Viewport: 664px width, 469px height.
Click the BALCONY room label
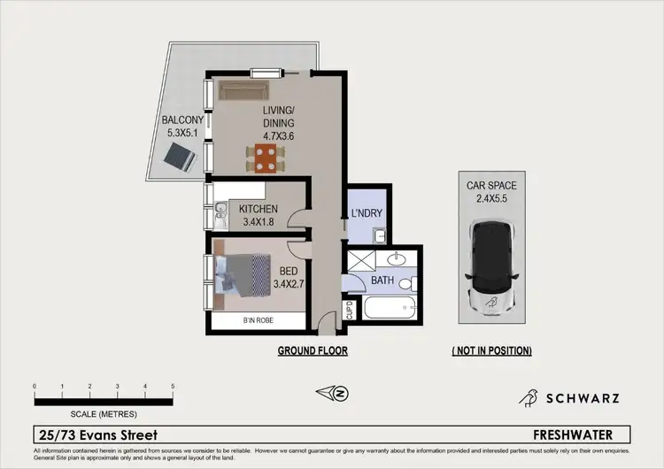[x=183, y=120]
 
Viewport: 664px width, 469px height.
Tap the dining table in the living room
[x=264, y=158]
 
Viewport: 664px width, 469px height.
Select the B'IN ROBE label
[x=259, y=321]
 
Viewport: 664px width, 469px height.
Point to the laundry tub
[x=378, y=235]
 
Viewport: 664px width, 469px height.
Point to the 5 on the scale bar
[x=172, y=387]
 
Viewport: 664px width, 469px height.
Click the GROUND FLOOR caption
[x=313, y=351]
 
